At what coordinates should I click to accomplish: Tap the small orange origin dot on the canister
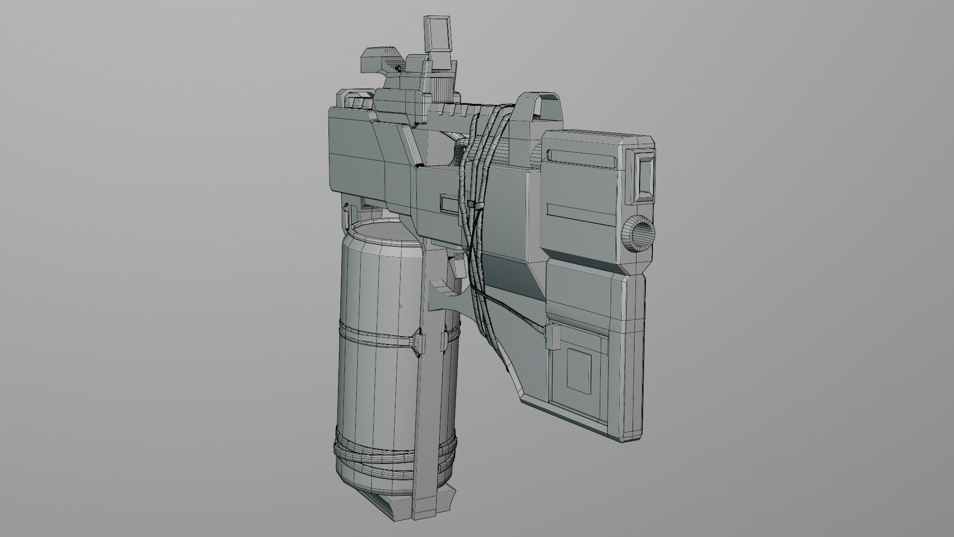pyautogui.click(x=401, y=306)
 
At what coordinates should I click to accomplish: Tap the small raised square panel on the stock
pyautogui.click(x=579, y=368)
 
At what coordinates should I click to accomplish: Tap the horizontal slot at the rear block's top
pyautogui.click(x=582, y=159)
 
